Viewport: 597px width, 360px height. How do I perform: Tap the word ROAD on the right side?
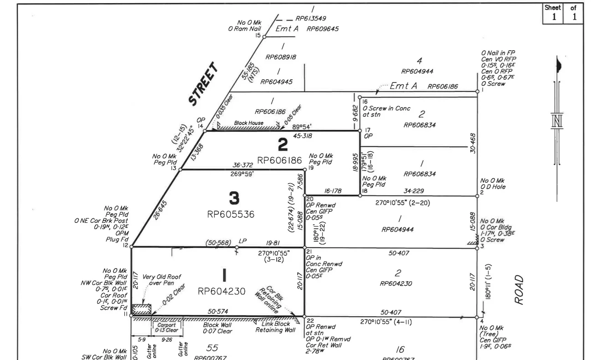(520, 289)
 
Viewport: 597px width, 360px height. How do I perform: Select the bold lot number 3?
(234, 198)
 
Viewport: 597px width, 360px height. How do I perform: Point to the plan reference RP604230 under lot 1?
(222, 291)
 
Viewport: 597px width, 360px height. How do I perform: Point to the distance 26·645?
(156, 210)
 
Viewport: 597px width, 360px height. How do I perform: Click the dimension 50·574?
(218, 311)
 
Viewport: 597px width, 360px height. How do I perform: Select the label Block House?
(249, 123)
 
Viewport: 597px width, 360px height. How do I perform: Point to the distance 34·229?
(414, 191)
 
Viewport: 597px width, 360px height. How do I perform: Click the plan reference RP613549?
(310, 18)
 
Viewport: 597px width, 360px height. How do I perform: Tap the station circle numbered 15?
(264, 36)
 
